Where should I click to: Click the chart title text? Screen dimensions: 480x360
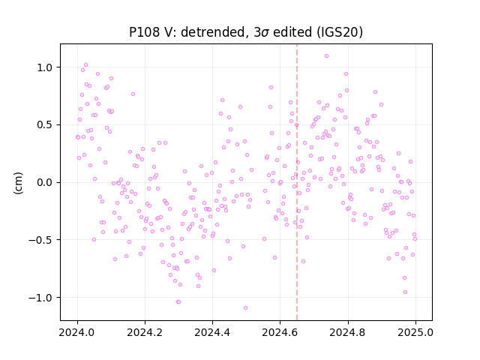(x=246, y=32)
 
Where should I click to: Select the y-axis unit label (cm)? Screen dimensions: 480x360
(x=18, y=183)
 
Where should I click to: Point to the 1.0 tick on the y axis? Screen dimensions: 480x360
(x=46, y=67)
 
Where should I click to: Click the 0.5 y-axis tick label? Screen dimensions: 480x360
(x=46, y=125)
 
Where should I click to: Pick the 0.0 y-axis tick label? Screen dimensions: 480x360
(x=46, y=182)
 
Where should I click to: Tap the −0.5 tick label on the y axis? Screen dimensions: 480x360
(x=42, y=240)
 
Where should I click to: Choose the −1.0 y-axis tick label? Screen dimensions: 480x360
(x=42, y=298)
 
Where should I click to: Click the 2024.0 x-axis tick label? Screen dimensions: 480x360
(x=77, y=332)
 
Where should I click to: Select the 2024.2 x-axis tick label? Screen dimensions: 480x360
(x=145, y=332)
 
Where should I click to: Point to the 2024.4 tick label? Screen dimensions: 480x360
(x=212, y=332)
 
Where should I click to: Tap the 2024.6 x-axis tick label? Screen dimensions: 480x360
(x=280, y=332)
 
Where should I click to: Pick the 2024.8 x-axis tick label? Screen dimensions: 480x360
(x=347, y=332)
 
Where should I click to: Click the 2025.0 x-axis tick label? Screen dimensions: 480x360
(x=415, y=332)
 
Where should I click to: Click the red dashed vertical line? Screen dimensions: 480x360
(x=297, y=182)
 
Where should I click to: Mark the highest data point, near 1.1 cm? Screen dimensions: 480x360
(x=327, y=55)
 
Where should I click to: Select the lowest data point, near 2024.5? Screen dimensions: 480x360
(x=245, y=307)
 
